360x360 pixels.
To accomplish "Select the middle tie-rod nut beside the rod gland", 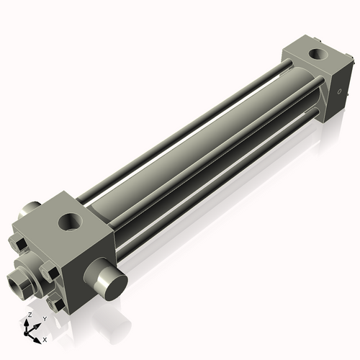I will coord(49,274).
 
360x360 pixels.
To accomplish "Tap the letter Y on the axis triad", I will coord(44,319).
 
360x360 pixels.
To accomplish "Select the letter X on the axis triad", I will coord(45,338).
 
